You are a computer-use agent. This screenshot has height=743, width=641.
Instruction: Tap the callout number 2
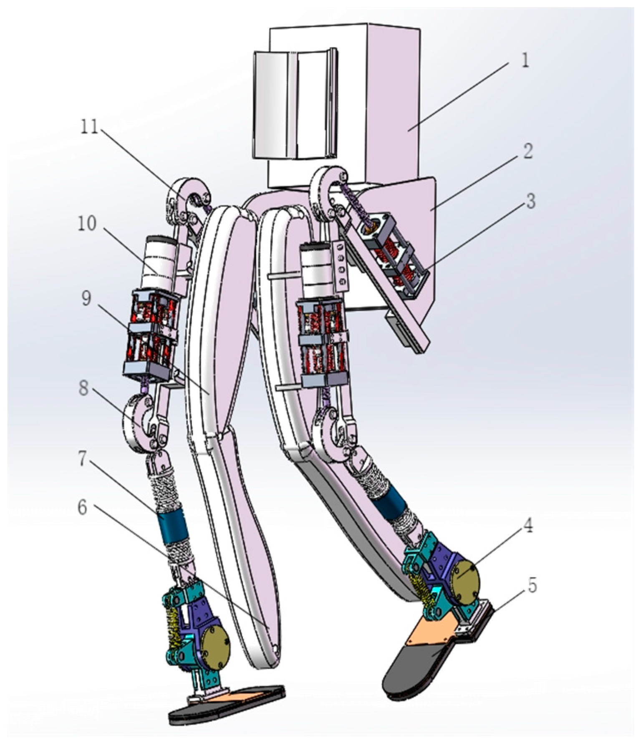click(528, 151)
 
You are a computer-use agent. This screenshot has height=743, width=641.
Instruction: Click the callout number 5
click(531, 586)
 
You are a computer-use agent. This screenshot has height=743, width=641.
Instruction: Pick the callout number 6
click(82, 507)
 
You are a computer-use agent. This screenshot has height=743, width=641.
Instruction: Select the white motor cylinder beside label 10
click(159, 262)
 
